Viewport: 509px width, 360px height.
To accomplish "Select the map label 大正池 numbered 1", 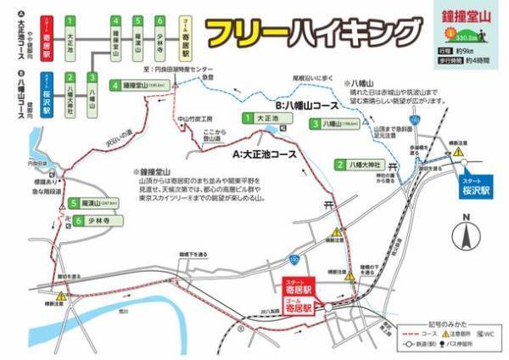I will coord(265,121).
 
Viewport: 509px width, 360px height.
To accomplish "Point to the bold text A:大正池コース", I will coord(265,155).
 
